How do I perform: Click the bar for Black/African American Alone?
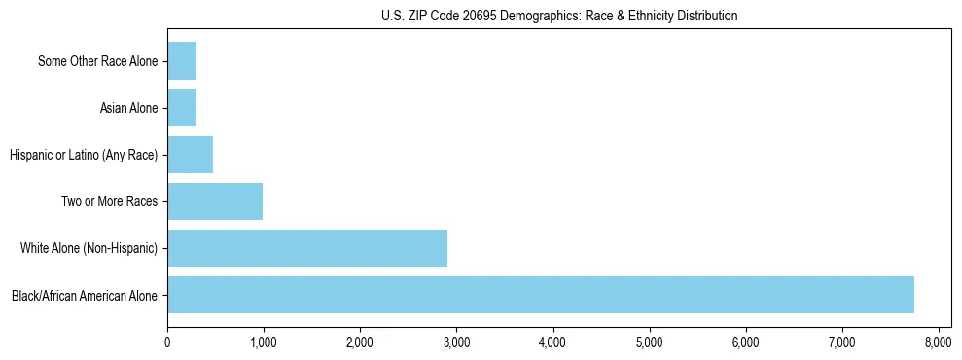point(540,295)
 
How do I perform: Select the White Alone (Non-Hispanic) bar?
point(306,248)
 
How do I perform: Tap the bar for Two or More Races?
point(214,201)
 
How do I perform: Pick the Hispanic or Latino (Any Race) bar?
point(190,155)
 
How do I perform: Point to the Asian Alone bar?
point(182,108)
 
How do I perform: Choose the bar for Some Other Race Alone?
point(182,61)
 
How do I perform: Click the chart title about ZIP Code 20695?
point(559,16)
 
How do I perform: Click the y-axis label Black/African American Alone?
point(85,296)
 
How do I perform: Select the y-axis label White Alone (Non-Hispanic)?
point(89,249)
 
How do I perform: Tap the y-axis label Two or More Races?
point(110,202)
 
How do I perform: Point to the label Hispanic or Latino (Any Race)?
point(84,156)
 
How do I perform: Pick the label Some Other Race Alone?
point(97,62)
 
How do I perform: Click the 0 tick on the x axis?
point(167,342)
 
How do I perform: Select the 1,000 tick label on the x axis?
point(264,342)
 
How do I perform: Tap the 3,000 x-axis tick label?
point(456,342)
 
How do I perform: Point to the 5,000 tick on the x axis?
point(649,342)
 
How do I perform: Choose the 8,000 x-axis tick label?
point(938,342)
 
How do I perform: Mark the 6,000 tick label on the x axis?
point(745,342)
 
